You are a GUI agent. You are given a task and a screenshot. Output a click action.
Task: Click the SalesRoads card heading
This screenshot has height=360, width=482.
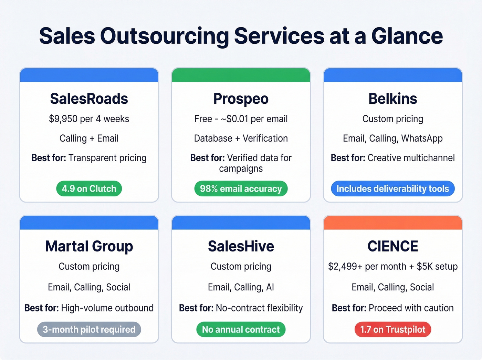(x=89, y=99)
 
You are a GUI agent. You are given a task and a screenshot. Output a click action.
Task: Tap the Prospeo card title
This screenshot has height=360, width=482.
(x=241, y=99)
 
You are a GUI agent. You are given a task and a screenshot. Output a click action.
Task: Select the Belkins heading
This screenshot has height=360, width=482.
(x=392, y=99)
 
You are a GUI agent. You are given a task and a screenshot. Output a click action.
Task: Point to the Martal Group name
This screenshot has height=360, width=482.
(x=89, y=246)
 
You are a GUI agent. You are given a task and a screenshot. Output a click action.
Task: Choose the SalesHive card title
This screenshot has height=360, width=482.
(x=241, y=246)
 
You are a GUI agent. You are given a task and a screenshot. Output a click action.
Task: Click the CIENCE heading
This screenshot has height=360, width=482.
(x=392, y=246)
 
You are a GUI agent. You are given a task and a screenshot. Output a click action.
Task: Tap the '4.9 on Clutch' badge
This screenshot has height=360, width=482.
(x=89, y=189)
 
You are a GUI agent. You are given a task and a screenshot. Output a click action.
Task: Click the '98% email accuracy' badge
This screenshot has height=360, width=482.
(x=241, y=189)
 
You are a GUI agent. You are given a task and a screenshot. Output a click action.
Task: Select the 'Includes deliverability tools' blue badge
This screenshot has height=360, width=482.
(x=392, y=189)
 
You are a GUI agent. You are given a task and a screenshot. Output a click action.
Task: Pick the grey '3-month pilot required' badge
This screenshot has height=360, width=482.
(x=89, y=330)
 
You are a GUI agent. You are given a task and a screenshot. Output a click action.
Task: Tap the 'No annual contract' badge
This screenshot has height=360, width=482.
(x=241, y=330)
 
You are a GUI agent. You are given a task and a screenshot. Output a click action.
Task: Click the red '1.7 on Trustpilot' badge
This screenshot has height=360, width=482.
(x=392, y=330)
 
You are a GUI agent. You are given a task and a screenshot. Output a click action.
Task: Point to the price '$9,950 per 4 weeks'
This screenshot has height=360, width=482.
(x=89, y=119)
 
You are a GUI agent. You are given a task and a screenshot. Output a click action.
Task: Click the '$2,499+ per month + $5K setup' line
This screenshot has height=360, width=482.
(x=392, y=267)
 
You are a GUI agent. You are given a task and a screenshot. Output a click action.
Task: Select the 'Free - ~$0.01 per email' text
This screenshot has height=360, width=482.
(x=241, y=119)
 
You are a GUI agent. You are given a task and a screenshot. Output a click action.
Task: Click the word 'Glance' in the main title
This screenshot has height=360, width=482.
(x=407, y=36)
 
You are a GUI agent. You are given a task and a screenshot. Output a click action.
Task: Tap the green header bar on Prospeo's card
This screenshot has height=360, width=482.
(x=241, y=75)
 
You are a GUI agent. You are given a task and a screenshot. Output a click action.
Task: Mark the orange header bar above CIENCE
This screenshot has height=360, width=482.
(x=392, y=223)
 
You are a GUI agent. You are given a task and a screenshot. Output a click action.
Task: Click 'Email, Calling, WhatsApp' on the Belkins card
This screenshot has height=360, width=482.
(x=392, y=138)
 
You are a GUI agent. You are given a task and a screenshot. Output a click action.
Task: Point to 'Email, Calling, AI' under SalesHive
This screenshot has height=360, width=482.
(x=241, y=287)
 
